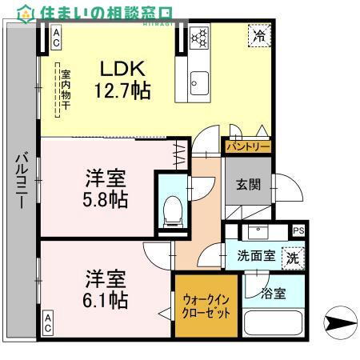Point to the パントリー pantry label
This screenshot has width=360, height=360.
click(247, 147)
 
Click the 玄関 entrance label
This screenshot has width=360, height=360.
click(247, 184)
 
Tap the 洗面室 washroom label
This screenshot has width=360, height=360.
click(256, 257)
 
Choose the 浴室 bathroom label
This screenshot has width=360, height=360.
click(273, 294)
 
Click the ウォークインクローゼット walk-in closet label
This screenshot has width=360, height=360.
click(206, 306)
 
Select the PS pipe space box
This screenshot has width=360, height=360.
click(298, 231)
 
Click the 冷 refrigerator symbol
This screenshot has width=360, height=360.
click(258, 36)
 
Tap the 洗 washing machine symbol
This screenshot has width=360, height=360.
click(293, 258)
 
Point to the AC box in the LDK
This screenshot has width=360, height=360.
click(57, 36)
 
